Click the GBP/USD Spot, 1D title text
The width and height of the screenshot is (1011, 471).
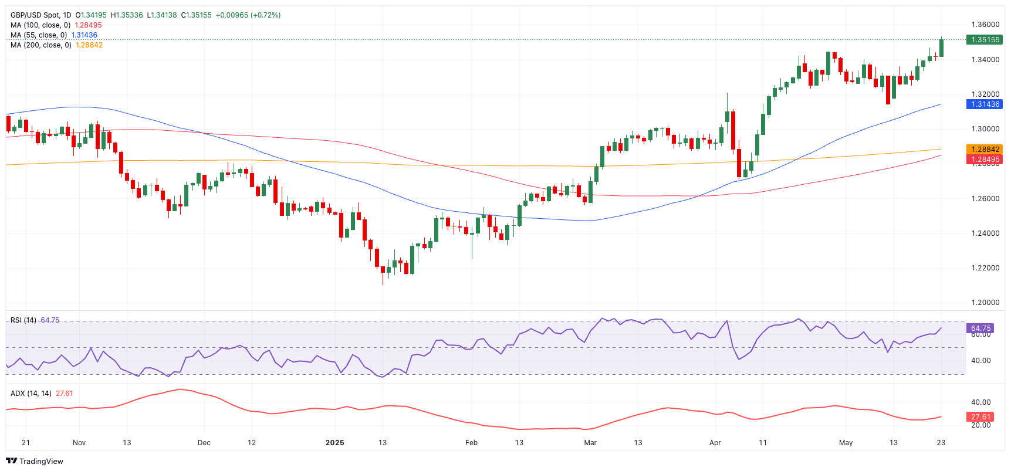40,15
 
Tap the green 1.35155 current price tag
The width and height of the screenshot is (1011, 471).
985,40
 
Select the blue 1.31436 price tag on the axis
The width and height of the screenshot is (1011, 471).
985,104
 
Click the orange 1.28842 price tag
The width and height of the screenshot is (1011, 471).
985,150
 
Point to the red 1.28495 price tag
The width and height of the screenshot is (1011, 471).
985,160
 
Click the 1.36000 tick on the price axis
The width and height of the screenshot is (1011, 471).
985,25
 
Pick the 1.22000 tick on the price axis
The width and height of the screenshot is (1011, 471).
985,268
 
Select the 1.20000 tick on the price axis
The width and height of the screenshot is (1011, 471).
985,303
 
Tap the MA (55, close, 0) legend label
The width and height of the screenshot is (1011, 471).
39,35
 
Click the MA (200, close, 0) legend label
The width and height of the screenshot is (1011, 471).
41,45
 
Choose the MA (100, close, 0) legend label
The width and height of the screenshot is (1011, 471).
40,25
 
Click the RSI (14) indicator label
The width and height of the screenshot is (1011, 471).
23,320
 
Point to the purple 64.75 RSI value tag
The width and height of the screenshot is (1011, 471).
980,328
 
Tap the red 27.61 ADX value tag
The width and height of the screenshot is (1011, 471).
980,417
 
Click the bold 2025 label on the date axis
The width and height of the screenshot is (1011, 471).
335,443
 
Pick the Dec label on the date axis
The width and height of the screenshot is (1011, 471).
204,443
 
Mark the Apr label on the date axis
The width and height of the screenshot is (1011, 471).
715,443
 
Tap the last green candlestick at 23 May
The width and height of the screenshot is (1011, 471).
941,48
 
